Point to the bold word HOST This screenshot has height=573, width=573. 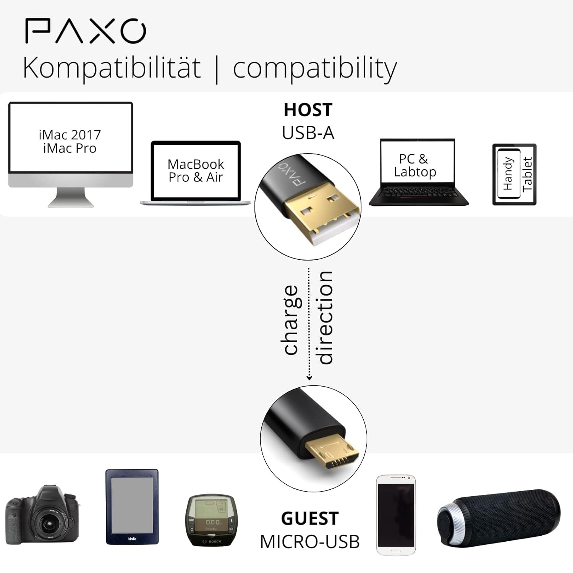[308, 110]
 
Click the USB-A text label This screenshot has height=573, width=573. [308, 133]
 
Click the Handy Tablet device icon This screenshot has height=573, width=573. [514, 174]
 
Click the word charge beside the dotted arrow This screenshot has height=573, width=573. [291, 320]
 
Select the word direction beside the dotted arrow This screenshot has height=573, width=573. [325, 318]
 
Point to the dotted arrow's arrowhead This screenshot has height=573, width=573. [309, 378]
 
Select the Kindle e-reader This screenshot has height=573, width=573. [132, 506]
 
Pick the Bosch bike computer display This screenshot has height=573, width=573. [210, 521]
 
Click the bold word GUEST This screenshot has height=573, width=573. [310, 518]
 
